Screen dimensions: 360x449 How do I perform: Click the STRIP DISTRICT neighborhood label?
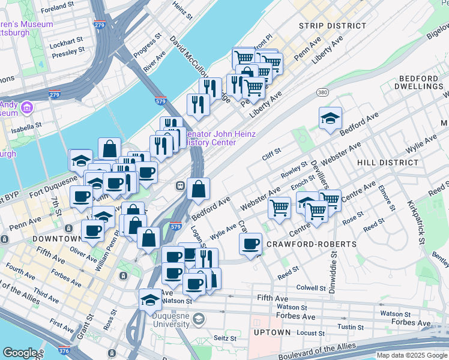(332, 26)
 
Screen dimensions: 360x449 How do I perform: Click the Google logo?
(20, 353)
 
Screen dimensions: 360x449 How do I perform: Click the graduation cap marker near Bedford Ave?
(330, 118)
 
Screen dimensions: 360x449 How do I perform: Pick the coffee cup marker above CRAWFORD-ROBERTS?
(250, 244)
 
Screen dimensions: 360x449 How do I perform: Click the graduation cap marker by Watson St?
(150, 299)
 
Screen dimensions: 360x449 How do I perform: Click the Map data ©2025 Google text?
(411, 355)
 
